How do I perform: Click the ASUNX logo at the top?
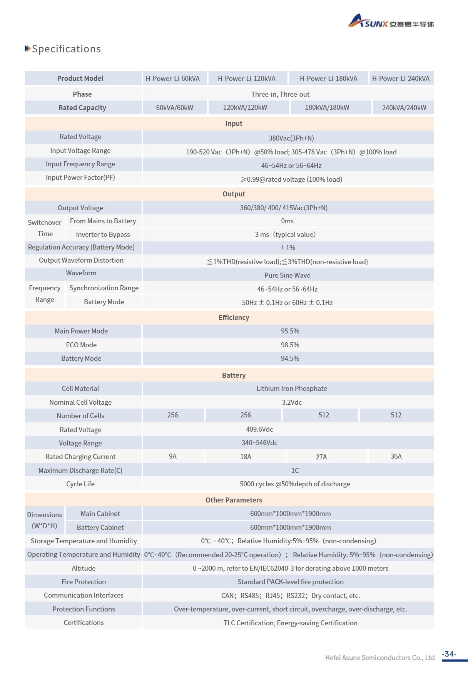(x=391, y=22)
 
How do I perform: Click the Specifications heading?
(x=66, y=49)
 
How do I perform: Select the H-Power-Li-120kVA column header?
(x=247, y=79)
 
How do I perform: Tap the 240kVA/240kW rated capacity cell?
(x=404, y=108)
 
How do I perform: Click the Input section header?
(x=234, y=124)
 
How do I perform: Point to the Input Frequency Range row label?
(x=80, y=164)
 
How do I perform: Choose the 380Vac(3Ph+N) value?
(x=291, y=138)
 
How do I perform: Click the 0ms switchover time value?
(x=287, y=221)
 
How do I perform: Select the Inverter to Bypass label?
(x=103, y=234)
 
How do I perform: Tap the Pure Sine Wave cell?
(x=287, y=275)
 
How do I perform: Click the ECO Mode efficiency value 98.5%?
(x=290, y=345)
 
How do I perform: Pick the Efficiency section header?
(x=234, y=318)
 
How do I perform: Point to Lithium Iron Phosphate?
(x=292, y=389)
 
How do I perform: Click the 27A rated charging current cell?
(x=321, y=457)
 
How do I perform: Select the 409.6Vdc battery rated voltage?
(x=259, y=429)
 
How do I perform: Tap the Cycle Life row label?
(x=80, y=484)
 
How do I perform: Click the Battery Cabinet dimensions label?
(x=100, y=528)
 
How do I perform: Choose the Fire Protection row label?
(x=84, y=582)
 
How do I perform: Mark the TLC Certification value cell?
(x=290, y=623)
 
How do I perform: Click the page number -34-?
(x=449, y=654)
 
